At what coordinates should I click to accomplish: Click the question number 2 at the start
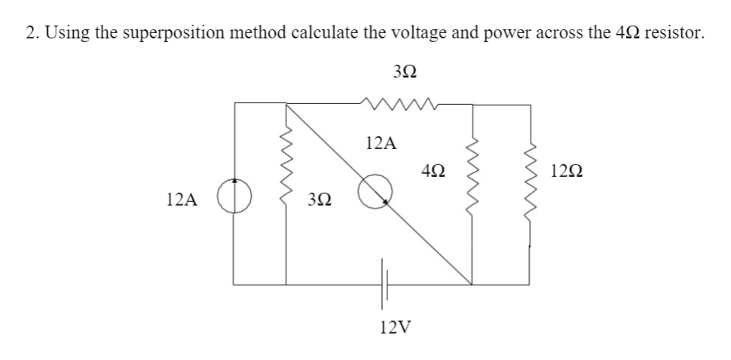point(29,33)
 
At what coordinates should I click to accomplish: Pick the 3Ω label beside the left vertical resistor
point(320,200)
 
